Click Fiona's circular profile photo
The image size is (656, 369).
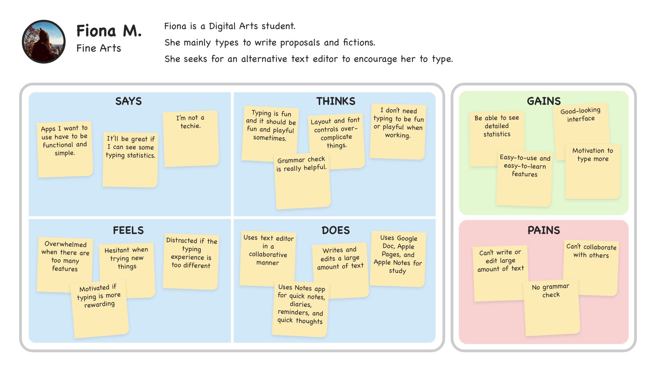[44, 42]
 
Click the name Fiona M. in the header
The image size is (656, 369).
[109, 31]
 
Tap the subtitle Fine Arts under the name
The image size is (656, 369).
[98, 48]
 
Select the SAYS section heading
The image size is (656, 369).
[128, 101]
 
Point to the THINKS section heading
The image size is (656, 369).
[336, 101]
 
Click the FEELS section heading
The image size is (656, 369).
[128, 230]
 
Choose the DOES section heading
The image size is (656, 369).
[336, 230]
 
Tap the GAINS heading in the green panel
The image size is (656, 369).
[544, 101]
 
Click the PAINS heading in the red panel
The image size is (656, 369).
[544, 230]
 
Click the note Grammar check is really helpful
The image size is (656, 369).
[302, 181]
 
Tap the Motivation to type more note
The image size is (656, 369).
[592, 171]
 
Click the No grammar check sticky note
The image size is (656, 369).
[551, 307]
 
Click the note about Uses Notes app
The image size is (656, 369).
[300, 307]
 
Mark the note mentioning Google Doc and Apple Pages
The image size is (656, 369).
[398, 258]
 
